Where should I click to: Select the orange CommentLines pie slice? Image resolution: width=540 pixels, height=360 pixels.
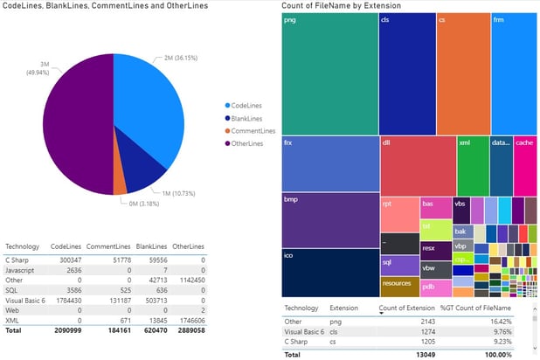pyautogui.click(x=120, y=186)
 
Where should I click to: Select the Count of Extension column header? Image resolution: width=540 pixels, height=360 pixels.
pyautogui.click(x=408, y=308)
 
